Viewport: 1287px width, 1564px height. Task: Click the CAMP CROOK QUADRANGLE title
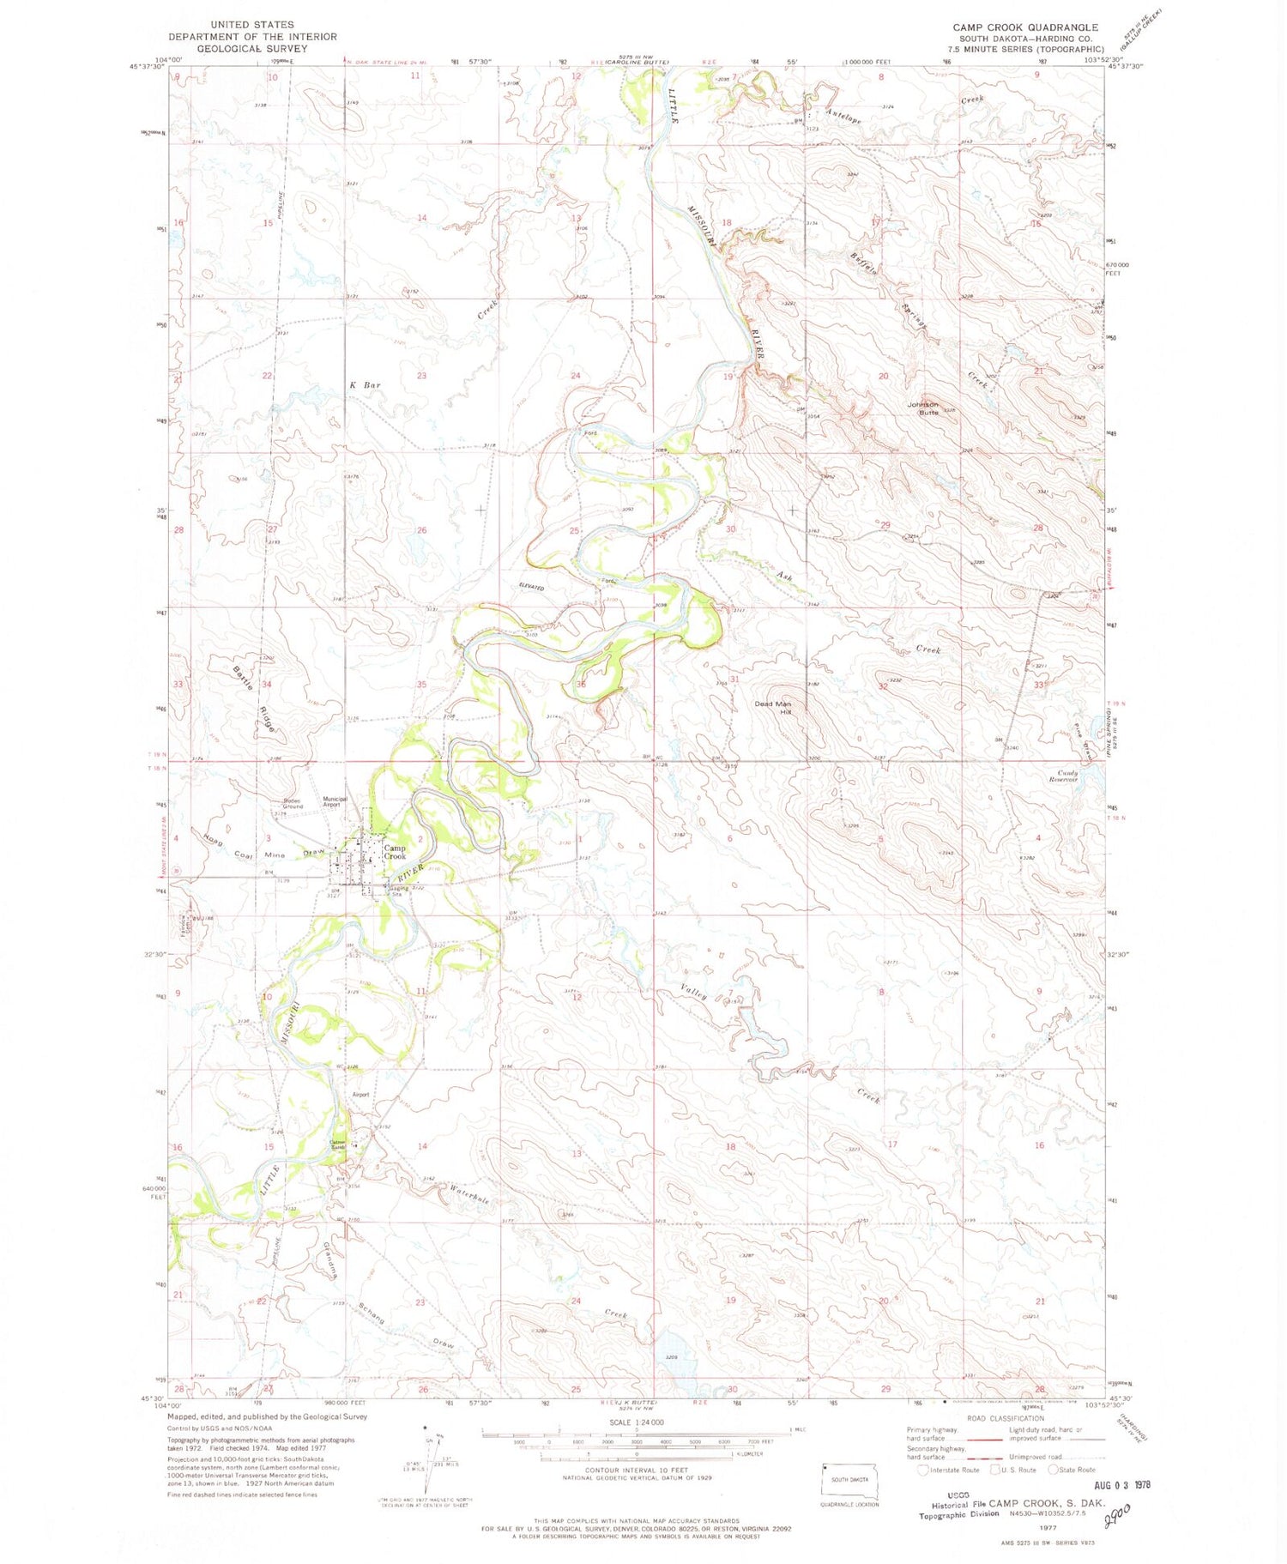coord(1024,27)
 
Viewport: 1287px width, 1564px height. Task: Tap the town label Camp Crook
coord(395,852)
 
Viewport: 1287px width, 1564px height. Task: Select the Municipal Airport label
coord(335,802)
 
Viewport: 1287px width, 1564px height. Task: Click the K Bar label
coord(365,385)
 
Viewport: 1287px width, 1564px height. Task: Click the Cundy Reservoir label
coord(1061,776)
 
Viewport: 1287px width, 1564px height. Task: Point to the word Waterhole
coord(469,1194)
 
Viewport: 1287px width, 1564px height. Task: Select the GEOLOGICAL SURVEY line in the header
coord(251,49)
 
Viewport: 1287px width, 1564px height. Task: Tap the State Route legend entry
coord(1072,1470)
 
